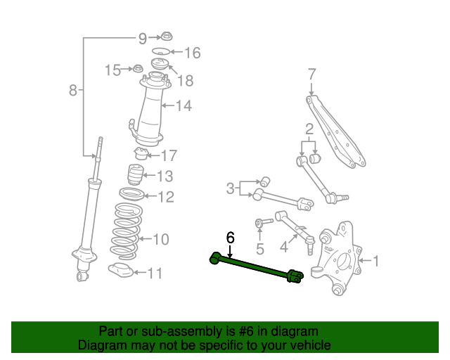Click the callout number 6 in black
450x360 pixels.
230,238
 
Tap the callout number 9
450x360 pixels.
143,37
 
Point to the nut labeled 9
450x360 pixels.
167,37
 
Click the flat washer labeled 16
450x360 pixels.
161,52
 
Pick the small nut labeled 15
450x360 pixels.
139,69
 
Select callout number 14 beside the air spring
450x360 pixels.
184,106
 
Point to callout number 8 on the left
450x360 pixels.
73,90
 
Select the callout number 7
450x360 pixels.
311,73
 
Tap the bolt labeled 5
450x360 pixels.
260,224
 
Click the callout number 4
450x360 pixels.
284,247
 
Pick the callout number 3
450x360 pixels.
230,188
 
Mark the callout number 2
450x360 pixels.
308,129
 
